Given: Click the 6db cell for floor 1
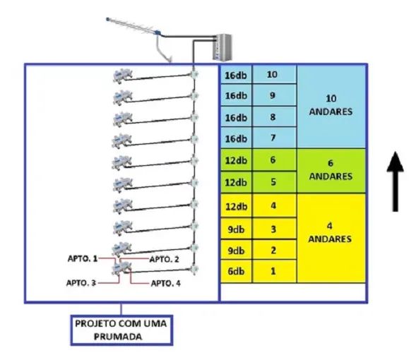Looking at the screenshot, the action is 236,271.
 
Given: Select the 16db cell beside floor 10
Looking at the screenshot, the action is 236,75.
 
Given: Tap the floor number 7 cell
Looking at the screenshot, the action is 274,138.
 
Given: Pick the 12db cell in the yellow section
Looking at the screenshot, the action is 236,206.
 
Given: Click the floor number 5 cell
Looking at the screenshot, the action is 274,182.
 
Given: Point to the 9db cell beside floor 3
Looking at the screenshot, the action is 236,229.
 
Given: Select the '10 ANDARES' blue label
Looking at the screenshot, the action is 331,105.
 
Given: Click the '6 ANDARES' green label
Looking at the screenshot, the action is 331,170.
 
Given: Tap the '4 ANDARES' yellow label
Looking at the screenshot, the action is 331,233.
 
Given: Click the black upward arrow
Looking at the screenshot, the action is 396,181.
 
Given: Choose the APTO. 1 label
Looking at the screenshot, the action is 83,258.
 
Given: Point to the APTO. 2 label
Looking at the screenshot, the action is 165,259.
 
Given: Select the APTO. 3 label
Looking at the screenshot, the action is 81,283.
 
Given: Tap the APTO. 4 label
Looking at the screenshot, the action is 165,283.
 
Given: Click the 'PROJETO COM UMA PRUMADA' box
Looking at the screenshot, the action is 121,330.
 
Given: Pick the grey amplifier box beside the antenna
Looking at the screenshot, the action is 223,47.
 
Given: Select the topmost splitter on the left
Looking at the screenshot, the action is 122,76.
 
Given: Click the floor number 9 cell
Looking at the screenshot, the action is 274,95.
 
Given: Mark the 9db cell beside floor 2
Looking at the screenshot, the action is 236,250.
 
